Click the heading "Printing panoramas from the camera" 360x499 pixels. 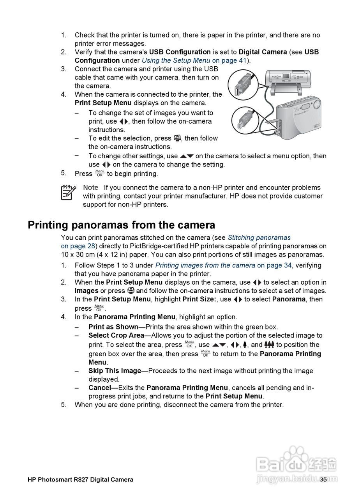[121, 225]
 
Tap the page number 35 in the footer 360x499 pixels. [323, 480]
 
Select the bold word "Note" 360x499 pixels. [90, 188]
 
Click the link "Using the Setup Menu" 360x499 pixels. [176, 60]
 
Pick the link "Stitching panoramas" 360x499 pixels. [259, 237]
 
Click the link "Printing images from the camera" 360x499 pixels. [205, 265]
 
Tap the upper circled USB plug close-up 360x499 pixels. [242, 84]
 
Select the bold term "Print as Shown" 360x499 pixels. [113, 327]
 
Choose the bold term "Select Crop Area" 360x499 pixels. [116, 336]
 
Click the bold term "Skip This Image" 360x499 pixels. [115, 371]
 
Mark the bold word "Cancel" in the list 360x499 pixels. [100, 388]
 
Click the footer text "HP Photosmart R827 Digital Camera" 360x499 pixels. [80, 480]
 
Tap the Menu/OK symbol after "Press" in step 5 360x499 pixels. [99, 173]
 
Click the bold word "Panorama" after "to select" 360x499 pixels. [289, 299]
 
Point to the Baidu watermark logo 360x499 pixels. [296, 464]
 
